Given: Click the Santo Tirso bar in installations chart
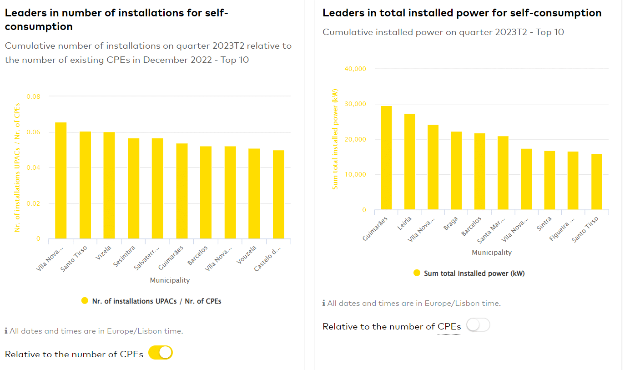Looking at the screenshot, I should [x=85, y=185].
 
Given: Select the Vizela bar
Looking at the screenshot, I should [x=109, y=185].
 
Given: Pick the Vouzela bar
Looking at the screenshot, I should [x=254, y=193].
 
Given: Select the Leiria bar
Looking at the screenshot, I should [x=409, y=162].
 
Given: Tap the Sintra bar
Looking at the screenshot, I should [x=549, y=180].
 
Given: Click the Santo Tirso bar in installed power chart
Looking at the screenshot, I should [x=596, y=182].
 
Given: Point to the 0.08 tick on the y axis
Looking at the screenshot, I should [x=33, y=96].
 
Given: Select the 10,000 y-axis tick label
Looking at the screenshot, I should [x=356, y=175].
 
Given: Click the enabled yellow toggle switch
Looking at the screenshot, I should [x=161, y=353].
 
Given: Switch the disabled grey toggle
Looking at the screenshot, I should [x=478, y=325].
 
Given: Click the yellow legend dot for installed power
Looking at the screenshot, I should [x=417, y=273].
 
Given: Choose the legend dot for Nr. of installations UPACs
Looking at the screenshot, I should [x=85, y=301].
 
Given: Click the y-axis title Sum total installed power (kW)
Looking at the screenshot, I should [x=335, y=139].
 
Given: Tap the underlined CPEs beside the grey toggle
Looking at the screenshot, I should [x=449, y=327].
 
